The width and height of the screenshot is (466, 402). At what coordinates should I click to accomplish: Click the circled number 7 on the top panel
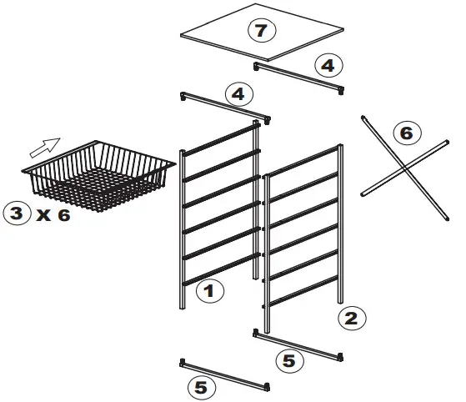[x=260, y=31]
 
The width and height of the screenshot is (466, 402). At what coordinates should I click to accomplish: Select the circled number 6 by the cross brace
[x=406, y=133]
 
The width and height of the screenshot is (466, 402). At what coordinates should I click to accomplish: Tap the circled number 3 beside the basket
[x=17, y=213]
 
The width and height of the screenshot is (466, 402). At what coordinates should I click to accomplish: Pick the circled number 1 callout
[x=210, y=291]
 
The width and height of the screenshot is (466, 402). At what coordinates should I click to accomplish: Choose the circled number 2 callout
[x=351, y=317]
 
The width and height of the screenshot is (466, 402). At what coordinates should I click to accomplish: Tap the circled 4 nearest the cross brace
[x=328, y=64]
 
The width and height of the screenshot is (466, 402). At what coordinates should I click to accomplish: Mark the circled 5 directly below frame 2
[x=288, y=360]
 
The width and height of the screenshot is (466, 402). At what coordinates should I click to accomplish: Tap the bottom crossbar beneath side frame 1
[x=225, y=374]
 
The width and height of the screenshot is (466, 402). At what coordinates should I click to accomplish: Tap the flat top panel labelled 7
[x=283, y=42]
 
